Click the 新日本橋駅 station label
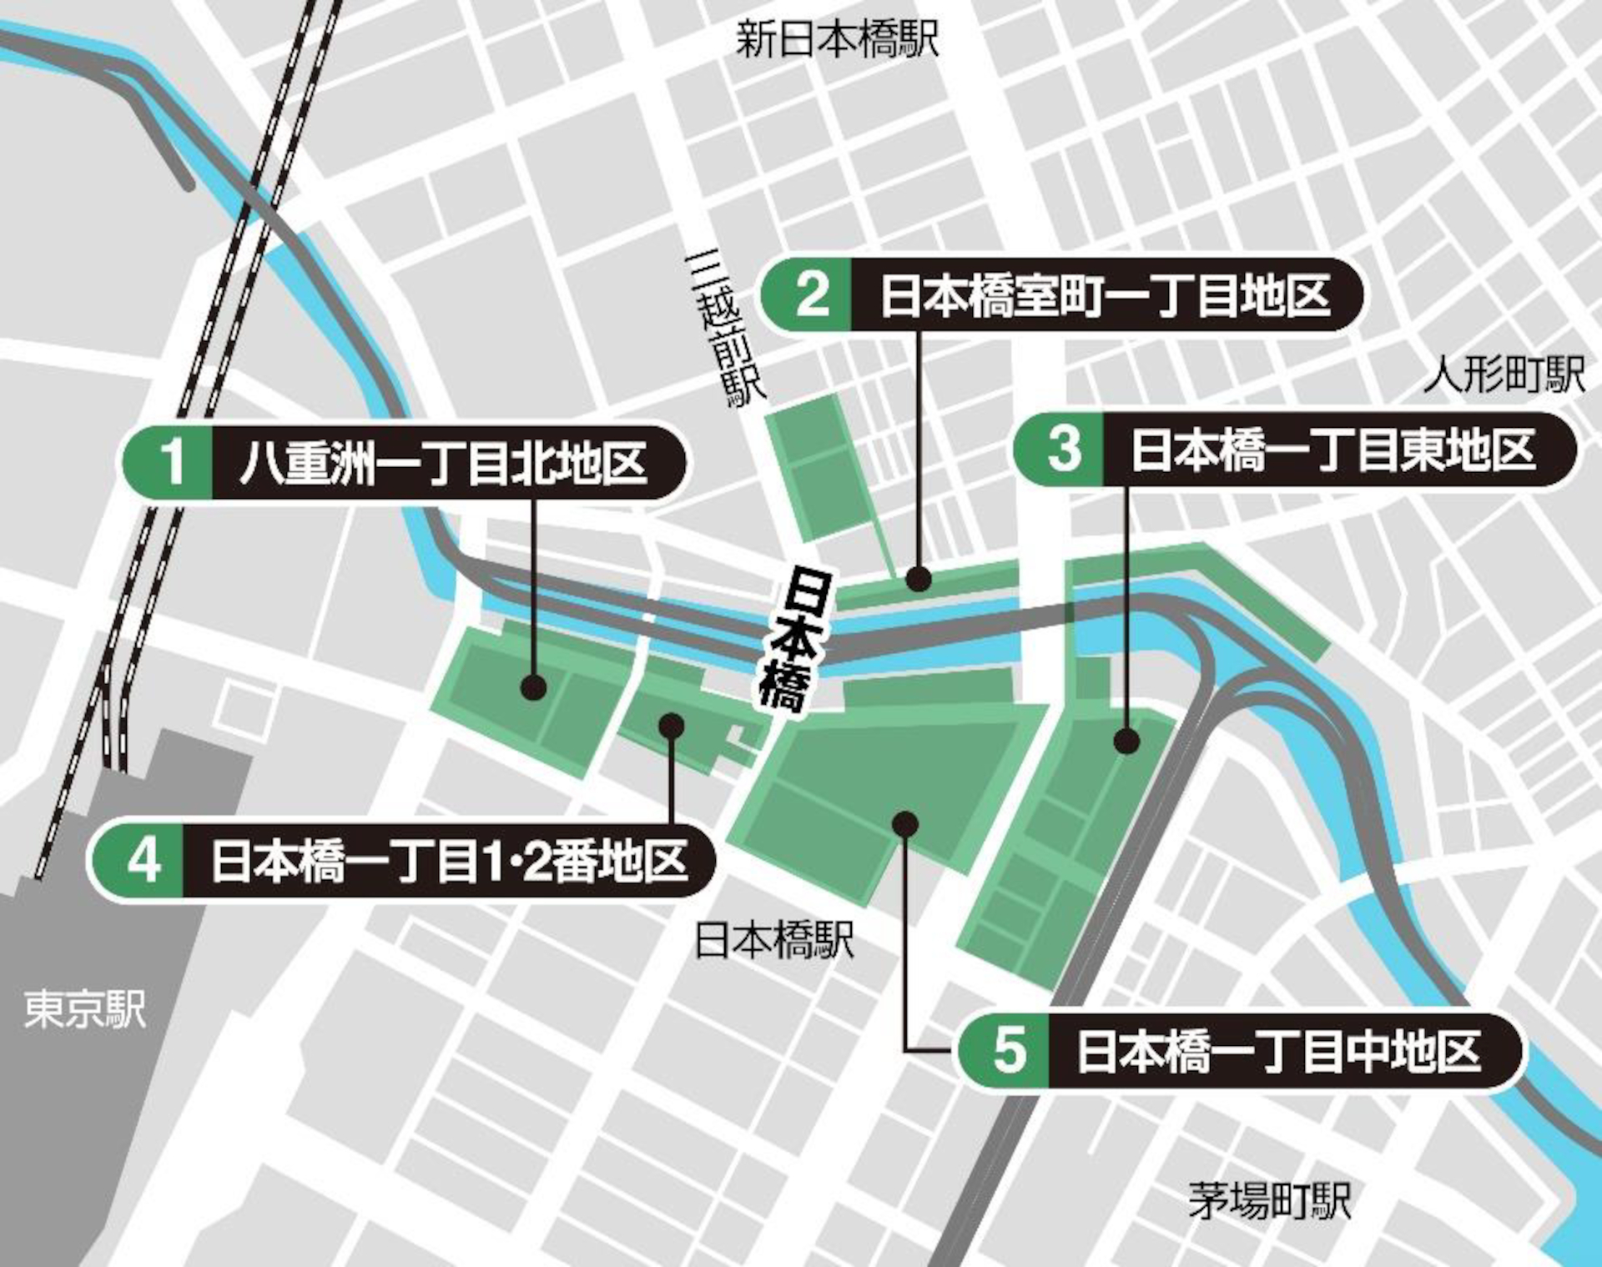point(837,39)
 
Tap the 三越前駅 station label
point(724,329)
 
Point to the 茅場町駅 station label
point(1269,1201)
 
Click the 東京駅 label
point(84,1008)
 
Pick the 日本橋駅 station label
point(774,940)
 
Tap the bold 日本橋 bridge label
point(793,641)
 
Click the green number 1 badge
point(171,461)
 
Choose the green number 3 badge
point(1064,449)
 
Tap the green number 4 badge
point(142,860)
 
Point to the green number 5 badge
point(1009,1050)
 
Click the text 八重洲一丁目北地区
point(443,463)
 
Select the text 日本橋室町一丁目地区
point(1105,294)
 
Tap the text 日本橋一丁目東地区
point(1332,450)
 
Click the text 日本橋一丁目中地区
point(1279,1051)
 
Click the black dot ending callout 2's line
point(919,578)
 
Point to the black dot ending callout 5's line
point(905,824)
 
